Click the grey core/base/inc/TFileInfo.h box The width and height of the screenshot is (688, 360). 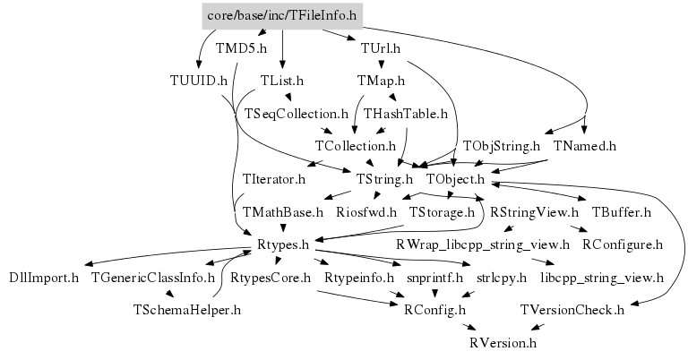point(282,15)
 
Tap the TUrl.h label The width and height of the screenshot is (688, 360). point(380,48)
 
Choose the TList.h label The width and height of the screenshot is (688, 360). point(282,81)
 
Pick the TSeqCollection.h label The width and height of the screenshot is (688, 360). point(296,114)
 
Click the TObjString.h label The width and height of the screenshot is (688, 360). point(501,145)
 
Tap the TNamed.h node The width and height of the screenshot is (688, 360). point(585,145)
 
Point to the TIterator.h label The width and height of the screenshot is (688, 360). point(274,179)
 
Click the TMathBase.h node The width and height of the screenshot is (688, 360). point(283,212)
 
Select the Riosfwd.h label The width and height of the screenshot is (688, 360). point(366,212)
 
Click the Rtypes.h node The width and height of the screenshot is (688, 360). point(283,244)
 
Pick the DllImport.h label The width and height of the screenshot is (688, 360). point(44,278)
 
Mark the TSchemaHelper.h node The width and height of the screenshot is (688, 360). point(186,310)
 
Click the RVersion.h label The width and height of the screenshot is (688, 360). point(503,343)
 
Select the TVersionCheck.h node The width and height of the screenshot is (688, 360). point(572,310)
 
